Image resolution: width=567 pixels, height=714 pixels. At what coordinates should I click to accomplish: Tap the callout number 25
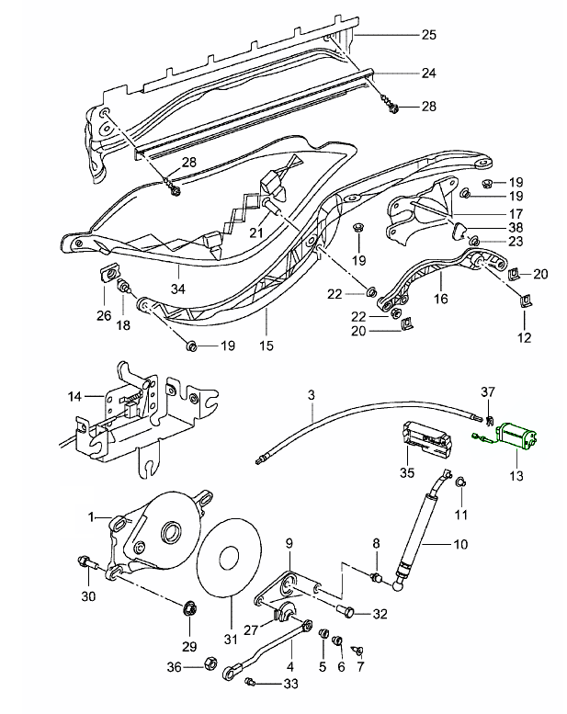tap(428, 35)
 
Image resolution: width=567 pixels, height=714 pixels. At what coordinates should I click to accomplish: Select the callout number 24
tap(428, 72)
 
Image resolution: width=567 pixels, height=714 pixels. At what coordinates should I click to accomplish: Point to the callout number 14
tap(75, 396)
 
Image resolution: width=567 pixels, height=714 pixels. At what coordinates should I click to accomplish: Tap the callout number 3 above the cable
tap(312, 394)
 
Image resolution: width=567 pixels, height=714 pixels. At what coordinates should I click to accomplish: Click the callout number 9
tap(288, 543)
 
